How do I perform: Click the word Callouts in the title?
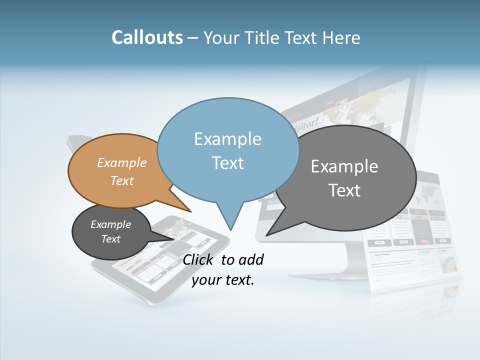click(147, 37)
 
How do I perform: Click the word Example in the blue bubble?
click(227, 139)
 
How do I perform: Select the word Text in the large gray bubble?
click(345, 190)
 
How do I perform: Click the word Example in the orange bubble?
click(122, 162)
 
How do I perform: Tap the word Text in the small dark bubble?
click(110, 239)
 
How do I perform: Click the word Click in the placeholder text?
click(199, 259)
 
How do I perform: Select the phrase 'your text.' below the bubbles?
click(223, 280)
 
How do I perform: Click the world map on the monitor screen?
click(365, 107)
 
